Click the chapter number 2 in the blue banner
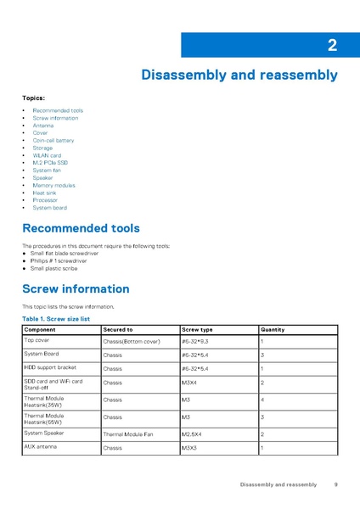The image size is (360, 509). [332, 46]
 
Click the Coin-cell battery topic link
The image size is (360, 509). [53, 141]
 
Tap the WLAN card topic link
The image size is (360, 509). [47, 155]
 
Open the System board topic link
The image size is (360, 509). [50, 208]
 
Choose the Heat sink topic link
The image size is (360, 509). [44, 193]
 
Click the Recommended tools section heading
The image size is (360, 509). [81, 228]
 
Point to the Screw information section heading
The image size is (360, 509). [76, 288]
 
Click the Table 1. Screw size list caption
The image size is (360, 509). [56, 319]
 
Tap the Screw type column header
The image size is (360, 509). [197, 329]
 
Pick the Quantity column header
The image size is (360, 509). [273, 329]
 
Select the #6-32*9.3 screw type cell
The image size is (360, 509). [194, 341]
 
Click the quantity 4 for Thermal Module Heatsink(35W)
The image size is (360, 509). [262, 399]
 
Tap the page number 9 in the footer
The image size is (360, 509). [336, 484]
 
